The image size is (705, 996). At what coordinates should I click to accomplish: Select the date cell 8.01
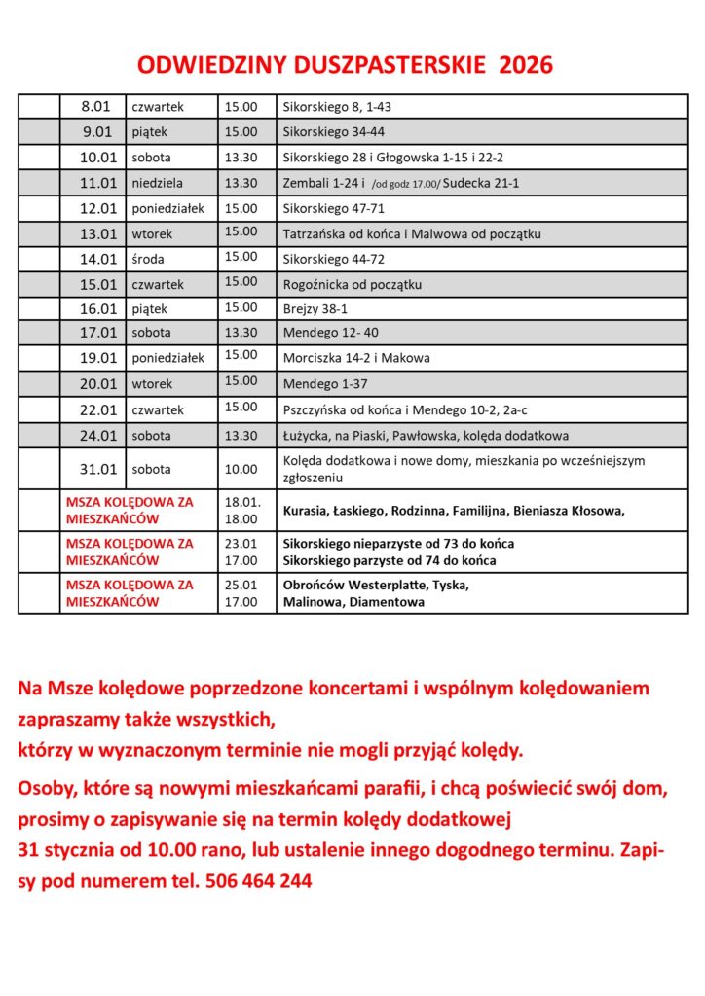(95, 107)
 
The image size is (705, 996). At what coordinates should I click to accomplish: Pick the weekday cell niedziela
(157, 183)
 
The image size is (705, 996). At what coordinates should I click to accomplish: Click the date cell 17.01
(98, 333)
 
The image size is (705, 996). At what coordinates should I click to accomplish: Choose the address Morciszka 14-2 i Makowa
(356, 358)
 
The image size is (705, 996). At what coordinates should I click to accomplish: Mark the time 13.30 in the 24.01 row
(241, 436)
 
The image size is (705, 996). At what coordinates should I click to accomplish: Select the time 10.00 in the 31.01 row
(241, 469)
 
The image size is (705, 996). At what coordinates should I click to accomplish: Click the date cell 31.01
(98, 469)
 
